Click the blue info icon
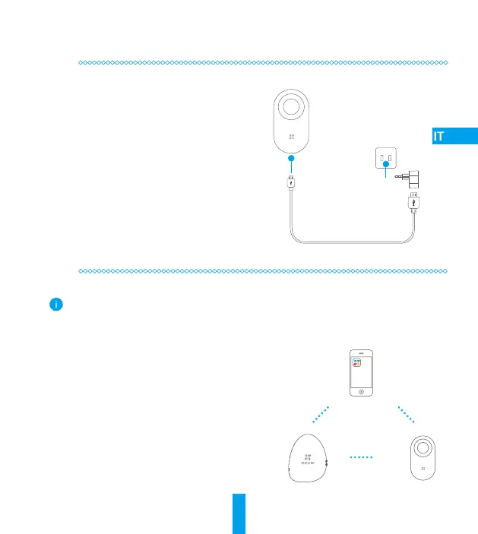(55, 305)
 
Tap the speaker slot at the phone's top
(361, 353)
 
